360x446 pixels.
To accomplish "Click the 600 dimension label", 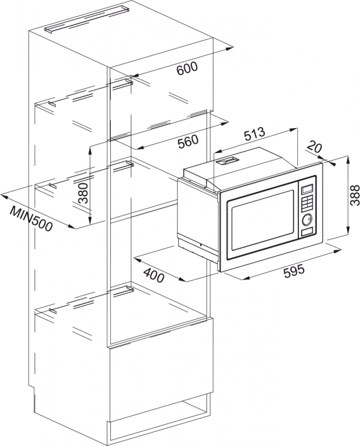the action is pyautogui.click(x=187, y=68).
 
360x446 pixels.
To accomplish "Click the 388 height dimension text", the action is pyautogui.click(x=355, y=195).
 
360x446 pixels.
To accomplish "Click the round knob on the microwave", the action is pyautogui.click(x=307, y=219).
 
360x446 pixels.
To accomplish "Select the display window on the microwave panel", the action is pyautogui.click(x=307, y=189).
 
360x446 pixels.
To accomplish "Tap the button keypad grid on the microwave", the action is pyautogui.click(x=307, y=203).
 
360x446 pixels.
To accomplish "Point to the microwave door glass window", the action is pyautogui.click(x=262, y=220).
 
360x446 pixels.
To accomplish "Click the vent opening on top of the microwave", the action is pyautogui.click(x=227, y=161).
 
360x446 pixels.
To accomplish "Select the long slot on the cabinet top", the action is pyautogui.click(x=87, y=20).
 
